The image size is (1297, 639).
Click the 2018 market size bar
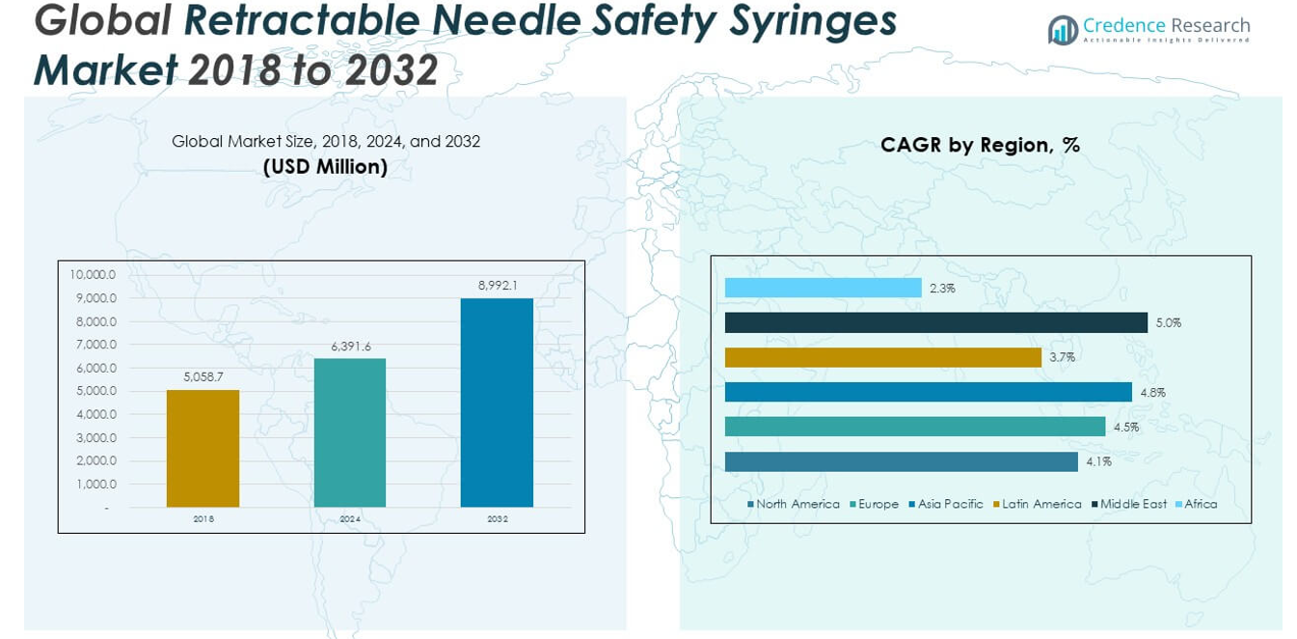pyautogui.click(x=203, y=448)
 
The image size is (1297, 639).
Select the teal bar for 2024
pyautogui.click(x=349, y=432)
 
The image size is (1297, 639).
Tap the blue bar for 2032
pyautogui.click(x=497, y=403)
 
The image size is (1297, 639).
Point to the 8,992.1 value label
pyautogui.click(x=498, y=286)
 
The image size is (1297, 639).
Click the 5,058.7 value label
pyautogui.click(x=203, y=377)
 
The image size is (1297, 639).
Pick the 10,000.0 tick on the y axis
pyautogui.click(x=93, y=274)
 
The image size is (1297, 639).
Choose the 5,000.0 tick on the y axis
pyautogui.click(x=93, y=391)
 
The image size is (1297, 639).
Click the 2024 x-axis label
pyautogui.click(x=350, y=519)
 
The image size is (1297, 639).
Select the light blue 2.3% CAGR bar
pyautogui.click(x=823, y=288)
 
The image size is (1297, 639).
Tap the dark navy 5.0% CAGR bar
pyautogui.click(x=935, y=322)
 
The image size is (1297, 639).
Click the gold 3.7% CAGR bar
pyautogui.click(x=882, y=357)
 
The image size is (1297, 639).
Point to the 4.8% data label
pyautogui.click(x=1153, y=393)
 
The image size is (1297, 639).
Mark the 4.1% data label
pyautogui.click(x=1099, y=462)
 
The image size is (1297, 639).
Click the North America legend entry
pyautogui.click(x=793, y=504)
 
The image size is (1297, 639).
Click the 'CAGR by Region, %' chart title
pyautogui.click(x=980, y=146)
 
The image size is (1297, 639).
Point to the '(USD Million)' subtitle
pyautogui.click(x=325, y=167)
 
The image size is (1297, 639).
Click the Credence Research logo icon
pyautogui.click(x=1063, y=30)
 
